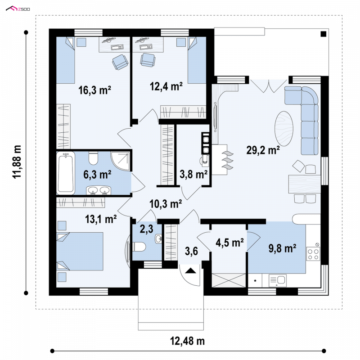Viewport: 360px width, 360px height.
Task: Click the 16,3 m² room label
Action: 94,90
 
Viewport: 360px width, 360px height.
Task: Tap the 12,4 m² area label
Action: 166,86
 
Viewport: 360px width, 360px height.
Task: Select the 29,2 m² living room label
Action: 263,150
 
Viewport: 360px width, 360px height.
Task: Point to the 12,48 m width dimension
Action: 187,341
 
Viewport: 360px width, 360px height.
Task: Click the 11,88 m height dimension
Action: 17,162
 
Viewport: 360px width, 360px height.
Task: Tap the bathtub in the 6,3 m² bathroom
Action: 66,173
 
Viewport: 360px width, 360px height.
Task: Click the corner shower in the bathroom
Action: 120,161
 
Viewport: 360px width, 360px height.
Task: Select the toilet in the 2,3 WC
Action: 139,247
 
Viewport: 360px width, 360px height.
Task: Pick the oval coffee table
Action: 284,129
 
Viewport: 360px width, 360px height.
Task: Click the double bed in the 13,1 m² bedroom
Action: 80,251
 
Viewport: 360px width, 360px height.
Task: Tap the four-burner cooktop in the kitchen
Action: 313,254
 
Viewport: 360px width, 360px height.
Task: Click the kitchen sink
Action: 277,280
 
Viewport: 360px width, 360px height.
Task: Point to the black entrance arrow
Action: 191,270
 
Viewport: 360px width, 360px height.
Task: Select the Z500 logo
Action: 18,9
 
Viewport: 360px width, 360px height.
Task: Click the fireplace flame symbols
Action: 228,160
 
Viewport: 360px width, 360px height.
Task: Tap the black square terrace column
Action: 323,34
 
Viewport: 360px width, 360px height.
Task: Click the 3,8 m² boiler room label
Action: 193,174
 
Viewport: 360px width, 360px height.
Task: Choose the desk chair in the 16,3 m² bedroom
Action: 120,62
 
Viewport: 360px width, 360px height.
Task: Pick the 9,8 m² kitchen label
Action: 282,248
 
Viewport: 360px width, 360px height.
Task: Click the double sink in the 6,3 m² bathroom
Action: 99,190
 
